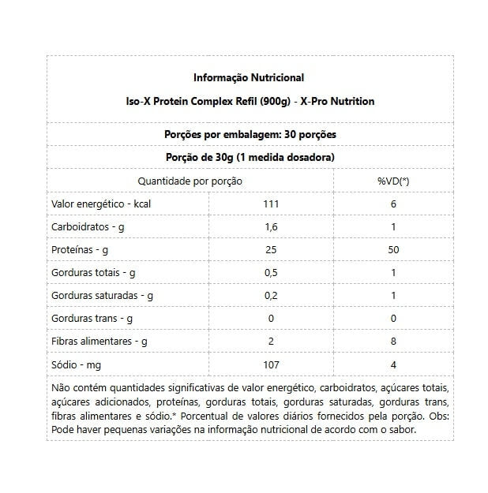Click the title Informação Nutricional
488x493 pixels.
(x=248, y=78)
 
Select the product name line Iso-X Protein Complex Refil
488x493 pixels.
(x=248, y=102)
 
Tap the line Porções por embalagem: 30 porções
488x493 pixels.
(x=248, y=134)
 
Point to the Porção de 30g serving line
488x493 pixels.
(x=248, y=157)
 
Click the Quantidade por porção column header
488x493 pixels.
(x=190, y=181)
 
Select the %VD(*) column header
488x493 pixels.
(x=392, y=181)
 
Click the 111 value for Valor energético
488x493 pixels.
(x=271, y=204)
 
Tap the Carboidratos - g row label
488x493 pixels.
(x=88, y=227)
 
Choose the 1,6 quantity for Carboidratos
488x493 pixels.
(x=271, y=227)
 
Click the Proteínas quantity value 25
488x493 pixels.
(x=271, y=250)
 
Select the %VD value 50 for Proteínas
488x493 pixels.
(x=393, y=250)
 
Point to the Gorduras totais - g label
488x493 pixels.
(x=94, y=273)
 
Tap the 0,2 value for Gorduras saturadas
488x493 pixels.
(x=271, y=296)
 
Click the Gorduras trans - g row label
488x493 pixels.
(x=92, y=319)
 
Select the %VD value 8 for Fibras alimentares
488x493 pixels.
(x=393, y=342)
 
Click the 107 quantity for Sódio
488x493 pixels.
(x=271, y=364)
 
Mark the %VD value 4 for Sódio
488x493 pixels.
(x=393, y=364)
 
